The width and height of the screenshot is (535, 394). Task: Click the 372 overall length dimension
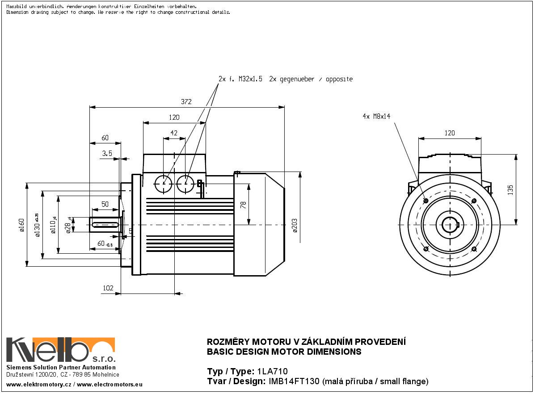click(186, 102)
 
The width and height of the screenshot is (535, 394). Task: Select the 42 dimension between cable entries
click(174, 133)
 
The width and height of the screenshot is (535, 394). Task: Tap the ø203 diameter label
click(295, 226)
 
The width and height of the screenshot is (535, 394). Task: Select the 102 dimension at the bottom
click(108, 288)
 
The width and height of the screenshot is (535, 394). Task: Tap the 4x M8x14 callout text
click(376, 116)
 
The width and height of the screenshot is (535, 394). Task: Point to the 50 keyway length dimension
click(105, 204)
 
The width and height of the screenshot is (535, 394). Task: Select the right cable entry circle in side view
click(185, 183)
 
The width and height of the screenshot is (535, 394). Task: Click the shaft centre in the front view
click(450, 224)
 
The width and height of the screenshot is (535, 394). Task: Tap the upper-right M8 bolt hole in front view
click(474, 201)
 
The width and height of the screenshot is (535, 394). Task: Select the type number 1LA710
click(273, 371)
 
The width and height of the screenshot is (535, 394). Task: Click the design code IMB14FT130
click(294, 381)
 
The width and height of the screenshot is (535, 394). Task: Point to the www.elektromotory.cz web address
click(38, 384)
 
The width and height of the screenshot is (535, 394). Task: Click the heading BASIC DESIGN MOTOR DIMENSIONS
click(284, 352)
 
